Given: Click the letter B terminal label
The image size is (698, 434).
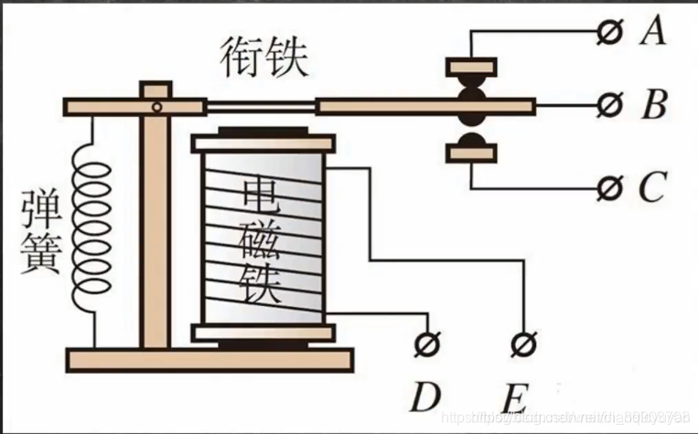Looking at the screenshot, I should tap(653, 107).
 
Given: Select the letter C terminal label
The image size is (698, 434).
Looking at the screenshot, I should tap(651, 188).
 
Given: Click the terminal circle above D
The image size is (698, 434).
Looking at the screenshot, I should tap(424, 345).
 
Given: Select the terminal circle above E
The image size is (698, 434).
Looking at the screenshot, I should tap(522, 345).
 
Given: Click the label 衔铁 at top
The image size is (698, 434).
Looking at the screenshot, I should tap(264, 58).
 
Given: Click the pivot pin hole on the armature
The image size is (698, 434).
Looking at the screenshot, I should tap(157, 108).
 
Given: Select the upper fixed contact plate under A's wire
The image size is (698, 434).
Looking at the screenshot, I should tap(471, 67).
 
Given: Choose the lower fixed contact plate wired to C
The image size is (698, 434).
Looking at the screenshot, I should tap(471, 153).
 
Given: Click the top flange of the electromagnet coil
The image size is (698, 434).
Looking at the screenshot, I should tap(263, 143).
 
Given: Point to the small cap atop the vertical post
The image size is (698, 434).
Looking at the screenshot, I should tap(156, 90).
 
